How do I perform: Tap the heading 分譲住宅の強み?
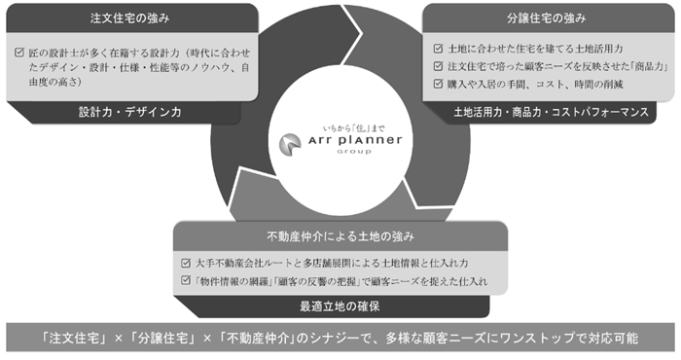548,18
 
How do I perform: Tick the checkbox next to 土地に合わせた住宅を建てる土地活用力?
439,47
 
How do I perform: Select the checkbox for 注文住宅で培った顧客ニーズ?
439,65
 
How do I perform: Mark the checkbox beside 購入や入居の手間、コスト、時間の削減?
439,84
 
